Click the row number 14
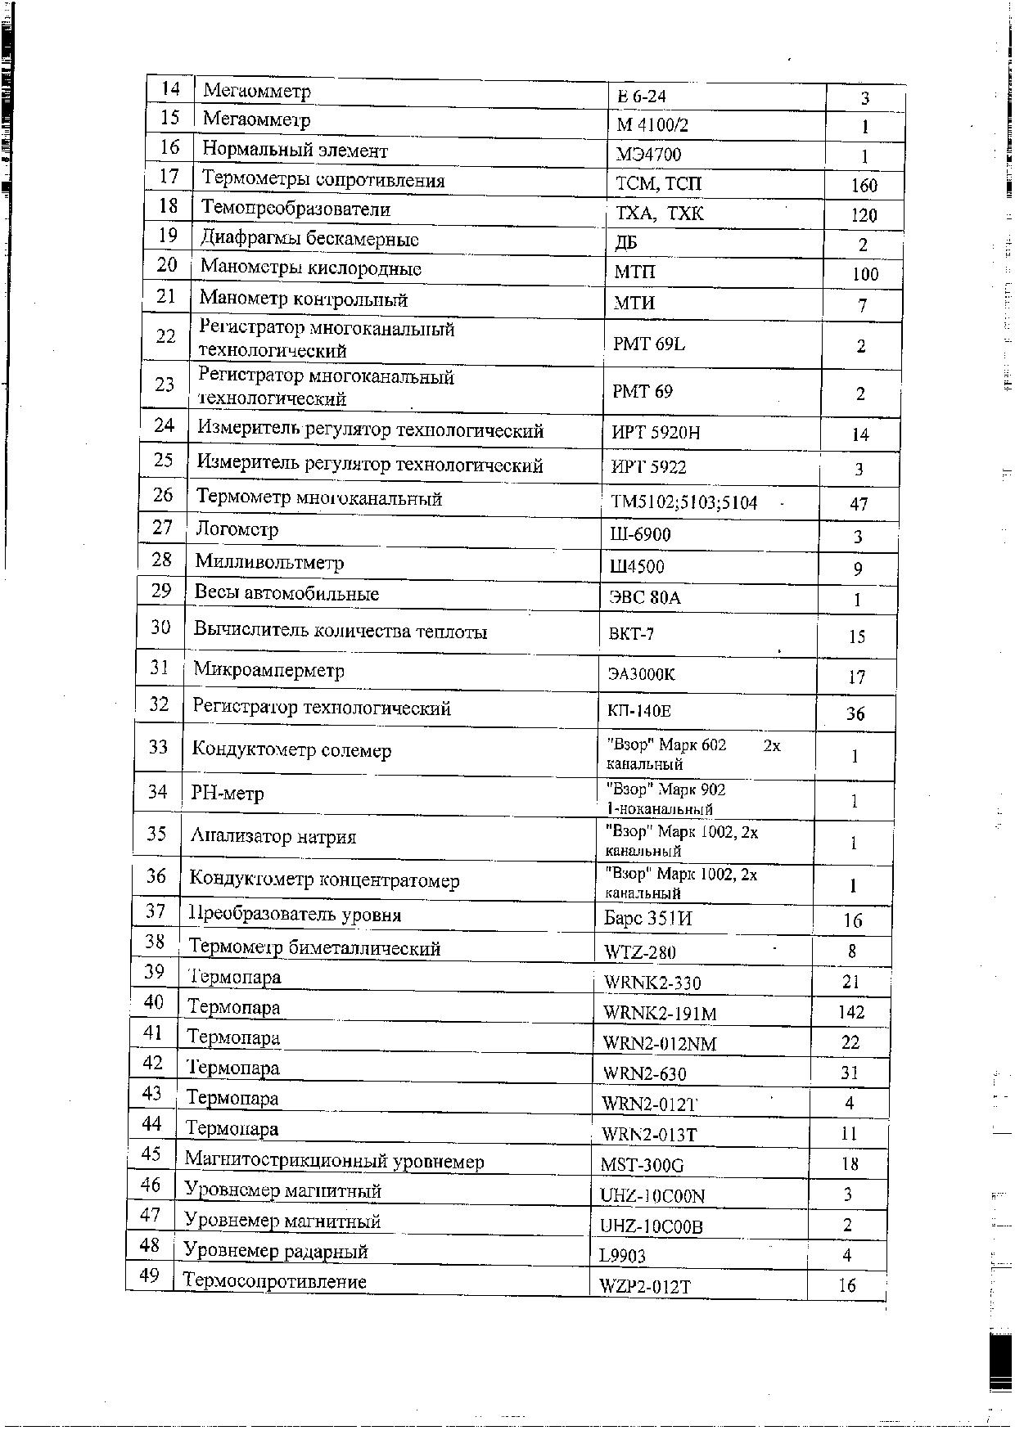coord(171,88)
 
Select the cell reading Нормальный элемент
coord(295,151)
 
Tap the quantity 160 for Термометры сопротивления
coord(864,186)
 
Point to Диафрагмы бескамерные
coord(309,239)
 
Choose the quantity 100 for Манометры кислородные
coord(864,275)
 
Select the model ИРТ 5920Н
coord(656,433)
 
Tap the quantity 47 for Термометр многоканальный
coord(859,504)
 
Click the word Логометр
coord(237,529)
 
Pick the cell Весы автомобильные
coord(286,594)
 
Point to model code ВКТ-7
coord(631,634)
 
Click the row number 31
coord(159,668)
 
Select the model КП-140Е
coord(639,711)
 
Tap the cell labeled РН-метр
coord(228,794)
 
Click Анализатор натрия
coord(273,837)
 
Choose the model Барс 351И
coord(647,919)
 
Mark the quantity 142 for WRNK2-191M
coord(851,1012)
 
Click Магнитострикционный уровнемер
coord(334,1162)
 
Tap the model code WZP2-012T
coord(645,1286)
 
